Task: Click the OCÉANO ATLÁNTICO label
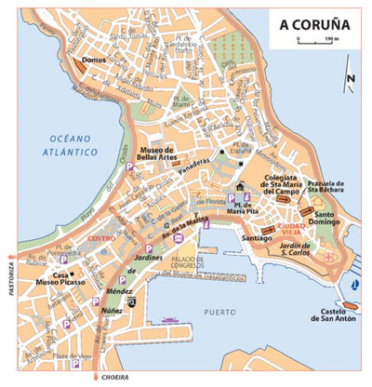(73, 144)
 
